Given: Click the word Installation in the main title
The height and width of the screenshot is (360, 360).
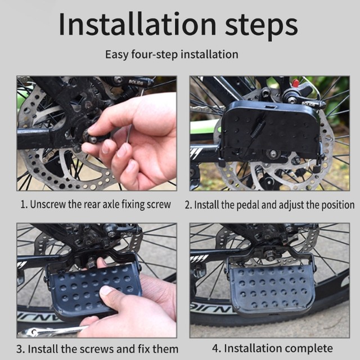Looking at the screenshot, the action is [137, 24].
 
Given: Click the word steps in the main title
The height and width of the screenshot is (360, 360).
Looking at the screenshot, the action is [261, 27].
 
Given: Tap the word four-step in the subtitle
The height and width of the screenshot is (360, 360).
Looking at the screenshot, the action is [155, 55].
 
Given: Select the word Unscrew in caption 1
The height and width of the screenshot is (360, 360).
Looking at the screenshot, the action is [48, 204].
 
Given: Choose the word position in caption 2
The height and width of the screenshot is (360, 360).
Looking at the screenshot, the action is [337, 205].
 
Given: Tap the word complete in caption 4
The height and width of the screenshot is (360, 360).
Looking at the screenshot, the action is [309, 349].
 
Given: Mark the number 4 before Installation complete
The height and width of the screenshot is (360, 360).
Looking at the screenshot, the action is [215, 348].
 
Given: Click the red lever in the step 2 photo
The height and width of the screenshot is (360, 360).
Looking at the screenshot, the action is [296, 83].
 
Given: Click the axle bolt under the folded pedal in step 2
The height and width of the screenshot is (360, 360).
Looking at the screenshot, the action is [273, 154].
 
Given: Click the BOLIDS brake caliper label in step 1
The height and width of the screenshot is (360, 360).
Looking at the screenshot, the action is [136, 82].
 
